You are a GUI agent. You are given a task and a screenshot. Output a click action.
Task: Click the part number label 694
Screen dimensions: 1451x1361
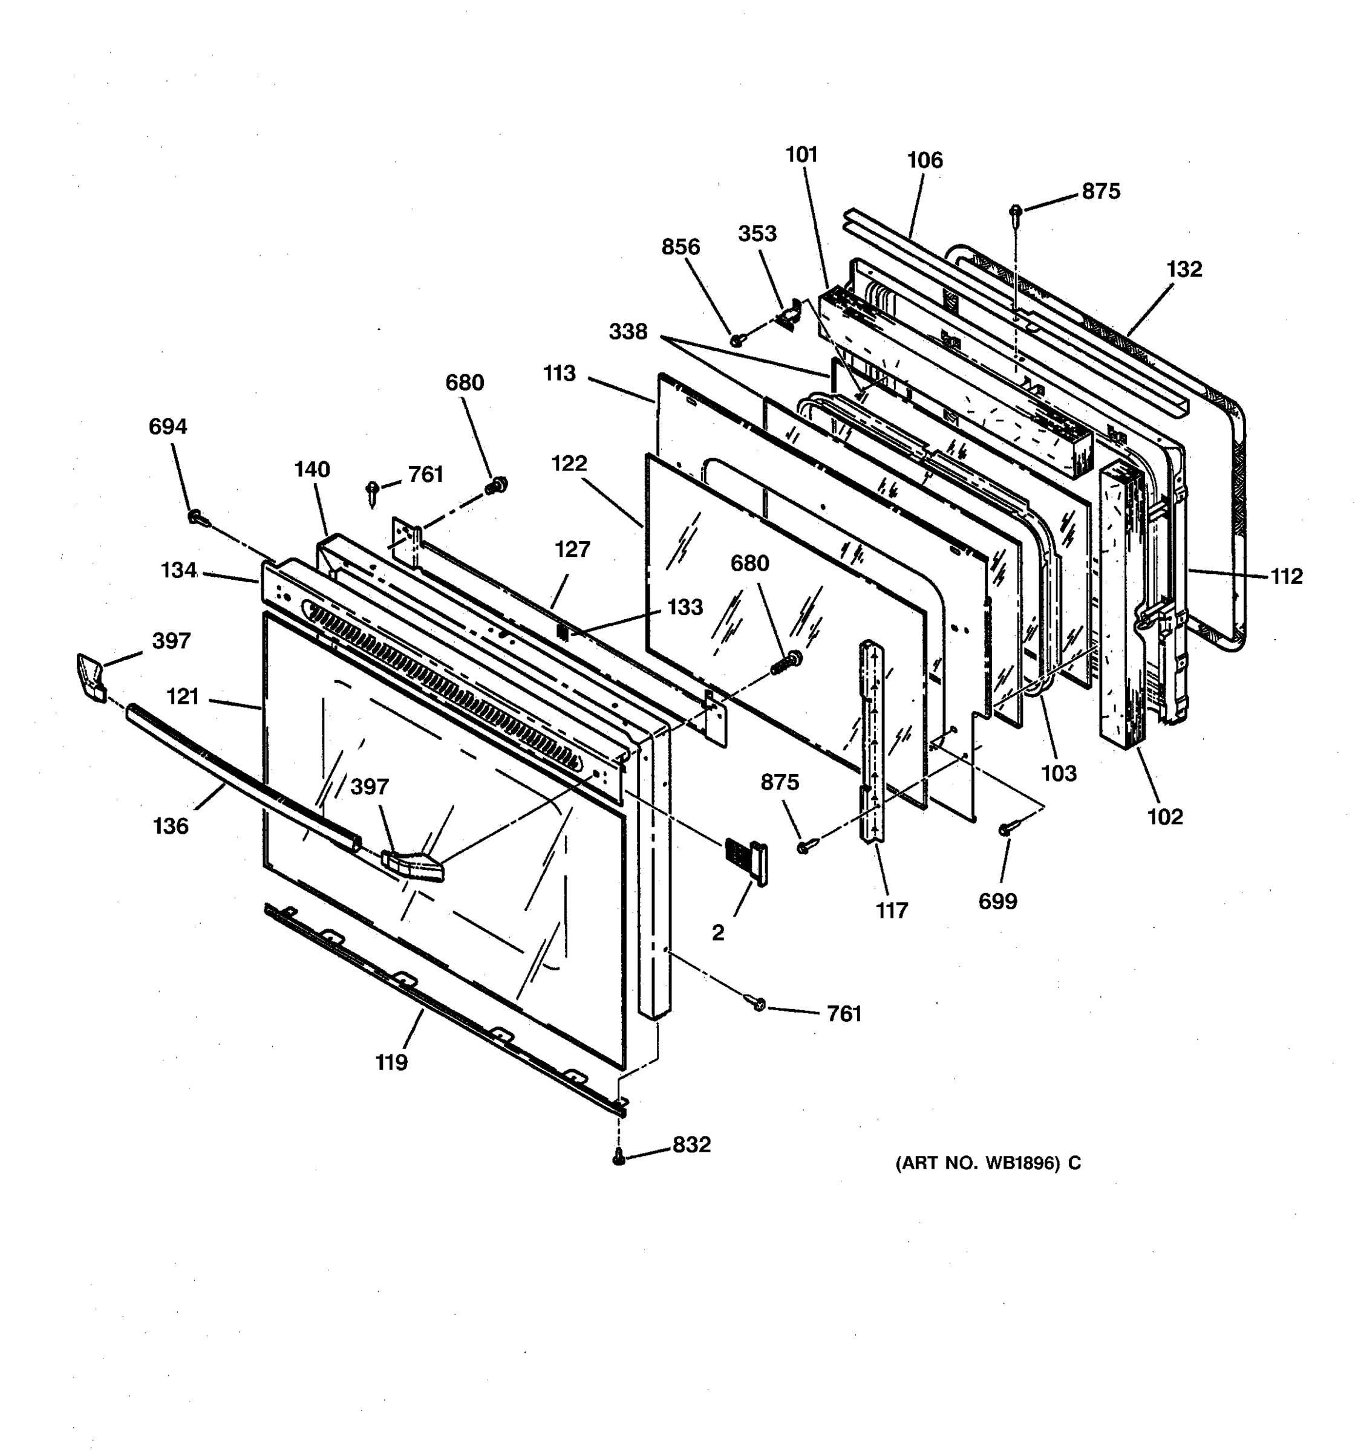[168, 427]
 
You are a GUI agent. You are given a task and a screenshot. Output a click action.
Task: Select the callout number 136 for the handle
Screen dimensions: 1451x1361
[171, 826]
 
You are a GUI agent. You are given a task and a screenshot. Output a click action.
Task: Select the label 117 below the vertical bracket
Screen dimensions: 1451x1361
[892, 910]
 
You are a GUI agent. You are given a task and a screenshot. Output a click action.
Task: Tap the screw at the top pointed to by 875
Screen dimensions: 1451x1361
[1015, 212]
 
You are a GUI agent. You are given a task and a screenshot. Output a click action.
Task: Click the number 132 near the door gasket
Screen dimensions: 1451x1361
[1184, 269]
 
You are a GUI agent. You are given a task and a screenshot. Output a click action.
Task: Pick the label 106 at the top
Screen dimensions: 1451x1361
[924, 160]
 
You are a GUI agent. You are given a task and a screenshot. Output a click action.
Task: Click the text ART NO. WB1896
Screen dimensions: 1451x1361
[987, 1163]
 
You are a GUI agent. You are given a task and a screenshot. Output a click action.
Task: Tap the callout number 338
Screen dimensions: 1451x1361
[628, 332]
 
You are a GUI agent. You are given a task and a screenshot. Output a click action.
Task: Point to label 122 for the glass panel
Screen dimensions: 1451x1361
[569, 464]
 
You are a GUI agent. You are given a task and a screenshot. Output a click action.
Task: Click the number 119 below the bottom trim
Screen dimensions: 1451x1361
[391, 1063]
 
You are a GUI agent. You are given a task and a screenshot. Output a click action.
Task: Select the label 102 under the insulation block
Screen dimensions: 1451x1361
[1164, 817]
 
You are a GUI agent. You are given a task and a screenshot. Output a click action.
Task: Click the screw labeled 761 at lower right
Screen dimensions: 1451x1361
[759, 1005]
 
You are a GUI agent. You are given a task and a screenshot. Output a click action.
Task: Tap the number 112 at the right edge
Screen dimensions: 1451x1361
[1286, 577]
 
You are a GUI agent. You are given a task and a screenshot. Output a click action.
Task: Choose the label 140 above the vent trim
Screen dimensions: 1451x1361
[312, 469]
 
